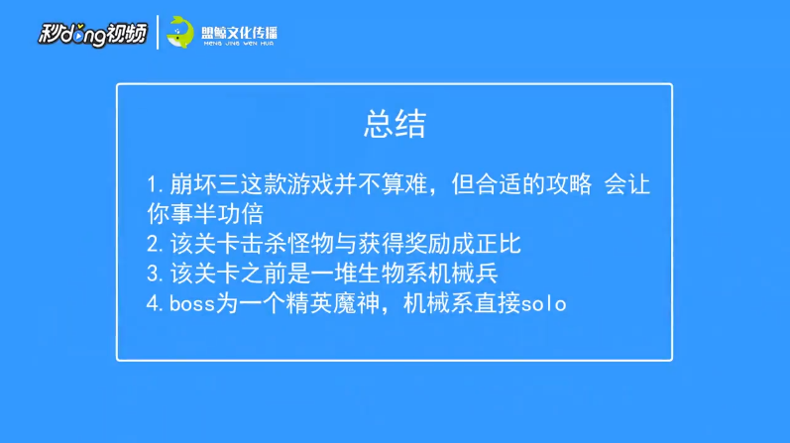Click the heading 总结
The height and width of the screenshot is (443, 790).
(395, 124)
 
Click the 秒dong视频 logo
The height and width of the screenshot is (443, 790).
(92, 34)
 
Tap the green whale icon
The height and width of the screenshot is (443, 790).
(181, 33)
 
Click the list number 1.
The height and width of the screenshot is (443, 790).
(151, 186)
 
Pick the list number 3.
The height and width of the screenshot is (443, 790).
(152, 274)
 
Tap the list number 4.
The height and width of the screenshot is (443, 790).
(152, 303)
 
